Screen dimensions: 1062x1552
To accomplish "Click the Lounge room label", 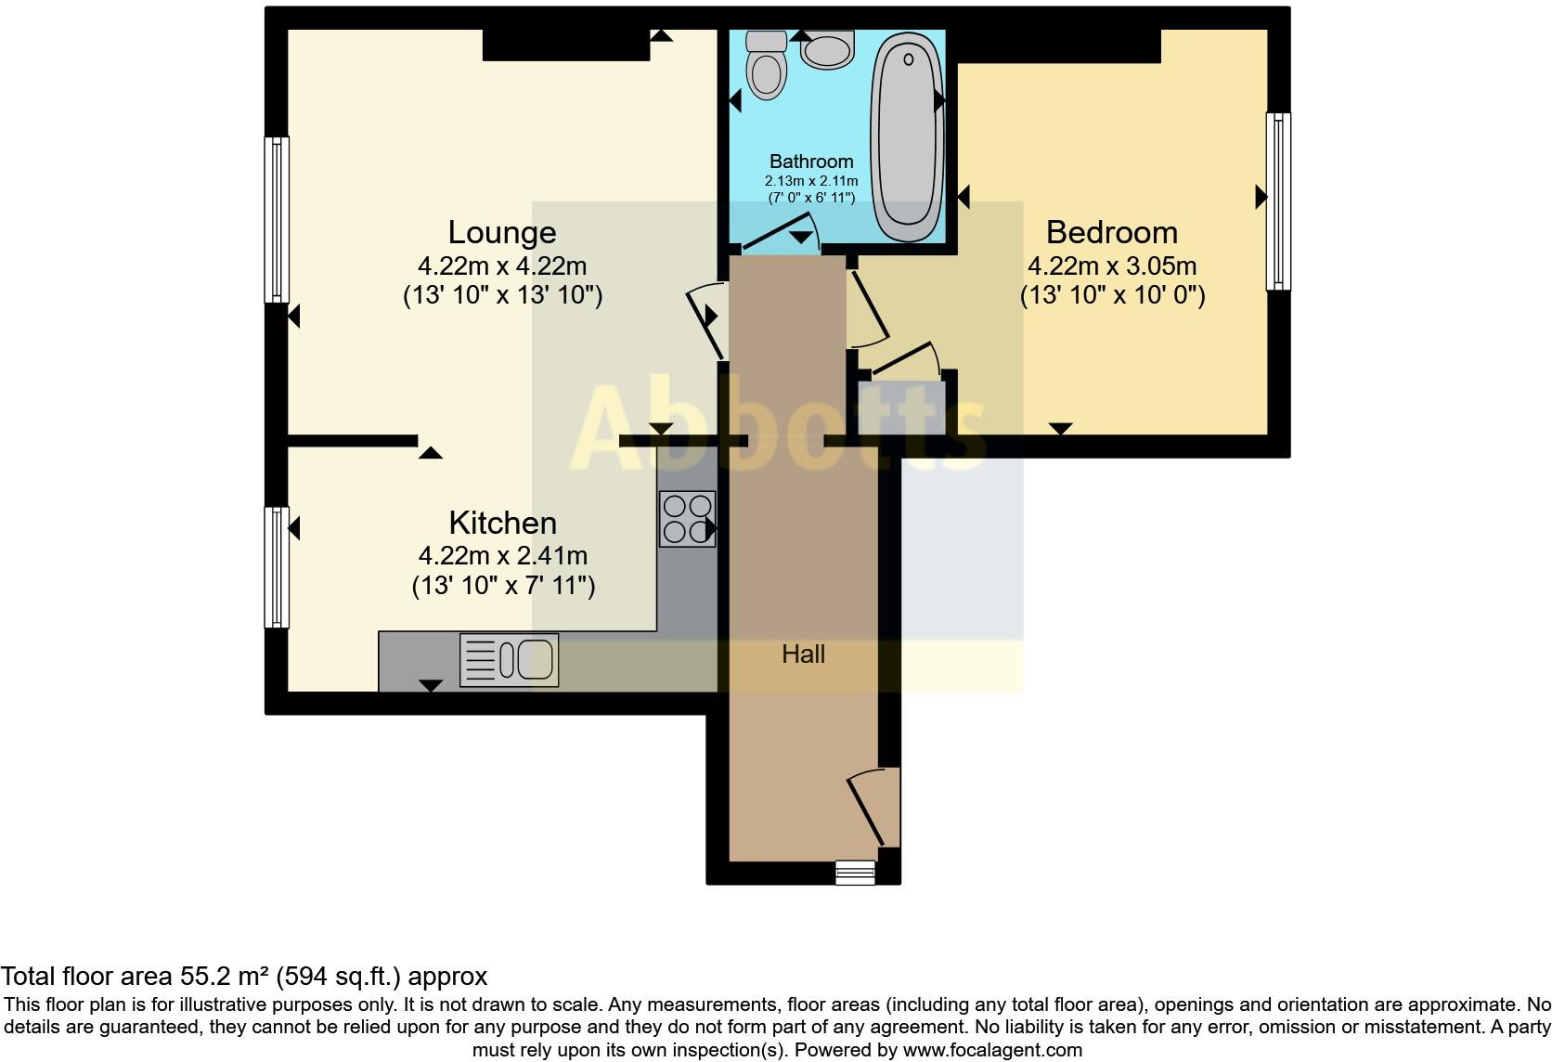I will click(502, 232).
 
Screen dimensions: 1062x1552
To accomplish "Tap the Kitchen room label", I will click(502, 523).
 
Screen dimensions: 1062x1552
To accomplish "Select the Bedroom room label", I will click(1111, 232).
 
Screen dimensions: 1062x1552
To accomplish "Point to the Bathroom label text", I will click(810, 162).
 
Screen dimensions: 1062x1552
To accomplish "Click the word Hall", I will click(803, 654).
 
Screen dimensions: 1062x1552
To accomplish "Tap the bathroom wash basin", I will click(828, 50).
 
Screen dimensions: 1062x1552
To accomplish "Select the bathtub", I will click(907, 135).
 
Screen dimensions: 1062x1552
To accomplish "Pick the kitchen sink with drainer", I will click(509, 660).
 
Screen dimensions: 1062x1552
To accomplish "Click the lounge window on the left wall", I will click(277, 219).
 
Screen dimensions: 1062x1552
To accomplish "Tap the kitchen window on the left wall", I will click(277, 566).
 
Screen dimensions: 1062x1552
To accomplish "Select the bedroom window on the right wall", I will click(1278, 201).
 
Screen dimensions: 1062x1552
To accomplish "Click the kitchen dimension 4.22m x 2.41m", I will click(502, 556).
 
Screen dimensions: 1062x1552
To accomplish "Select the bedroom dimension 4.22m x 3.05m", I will click(1111, 266).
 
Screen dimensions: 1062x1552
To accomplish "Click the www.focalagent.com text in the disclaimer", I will click(992, 1051).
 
